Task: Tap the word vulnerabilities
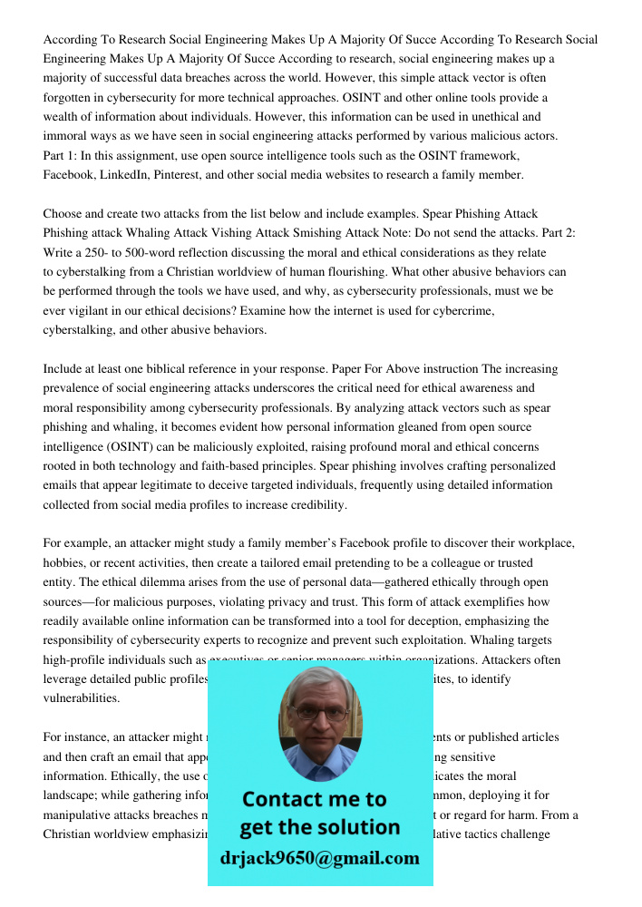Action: pyautogui.click(x=81, y=698)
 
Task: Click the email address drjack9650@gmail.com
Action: pyautogui.click(x=320, y=858)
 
